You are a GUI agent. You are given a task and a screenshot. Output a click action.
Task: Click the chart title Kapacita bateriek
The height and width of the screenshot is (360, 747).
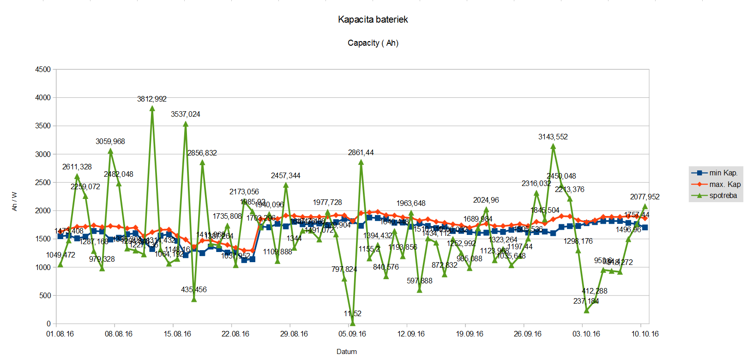click(x=373, y=19)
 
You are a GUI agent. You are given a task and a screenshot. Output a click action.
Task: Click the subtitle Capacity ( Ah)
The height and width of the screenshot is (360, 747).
click(x=373, y=43)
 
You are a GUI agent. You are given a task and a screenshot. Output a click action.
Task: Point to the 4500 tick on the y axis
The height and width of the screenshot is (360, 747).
click(x=43, y=69)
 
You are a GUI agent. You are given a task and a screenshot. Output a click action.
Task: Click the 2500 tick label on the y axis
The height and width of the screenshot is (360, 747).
click(x=43, y=182)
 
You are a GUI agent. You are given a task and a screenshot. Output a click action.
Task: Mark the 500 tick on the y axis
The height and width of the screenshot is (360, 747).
click(x=45, y=295)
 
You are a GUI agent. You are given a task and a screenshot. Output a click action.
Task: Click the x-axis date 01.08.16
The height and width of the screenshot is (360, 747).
click(x=60, y=334)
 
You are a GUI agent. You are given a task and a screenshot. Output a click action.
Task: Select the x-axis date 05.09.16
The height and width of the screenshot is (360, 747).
click(x=352, y=334)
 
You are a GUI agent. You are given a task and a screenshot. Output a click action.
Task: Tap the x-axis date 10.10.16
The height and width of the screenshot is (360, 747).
click(x=645, y=334)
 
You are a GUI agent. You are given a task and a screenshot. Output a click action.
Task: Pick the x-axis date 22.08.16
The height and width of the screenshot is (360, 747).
click(x=235, y=334)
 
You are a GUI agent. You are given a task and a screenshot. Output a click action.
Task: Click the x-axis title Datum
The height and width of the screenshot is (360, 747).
click(x=347, y=352)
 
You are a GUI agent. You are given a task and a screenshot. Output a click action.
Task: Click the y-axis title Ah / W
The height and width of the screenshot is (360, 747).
click(x=14, y=201)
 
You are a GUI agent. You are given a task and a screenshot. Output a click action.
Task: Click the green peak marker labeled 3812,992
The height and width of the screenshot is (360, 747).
click(x=152, y=108)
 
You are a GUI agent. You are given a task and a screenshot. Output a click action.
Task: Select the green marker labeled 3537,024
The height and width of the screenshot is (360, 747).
click(x=186, y=124)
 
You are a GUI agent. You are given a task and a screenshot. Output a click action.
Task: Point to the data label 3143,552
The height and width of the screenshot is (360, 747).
click(x=553, y=137)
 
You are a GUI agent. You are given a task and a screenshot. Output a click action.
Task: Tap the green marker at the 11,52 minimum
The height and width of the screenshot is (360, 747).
click(x=353, y=323)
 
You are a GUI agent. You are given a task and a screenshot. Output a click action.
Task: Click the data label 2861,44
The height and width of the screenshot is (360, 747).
click(x=361, y=153)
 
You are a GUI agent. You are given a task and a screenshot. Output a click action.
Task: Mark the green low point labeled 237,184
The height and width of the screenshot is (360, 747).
click(x=586, y=310)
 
